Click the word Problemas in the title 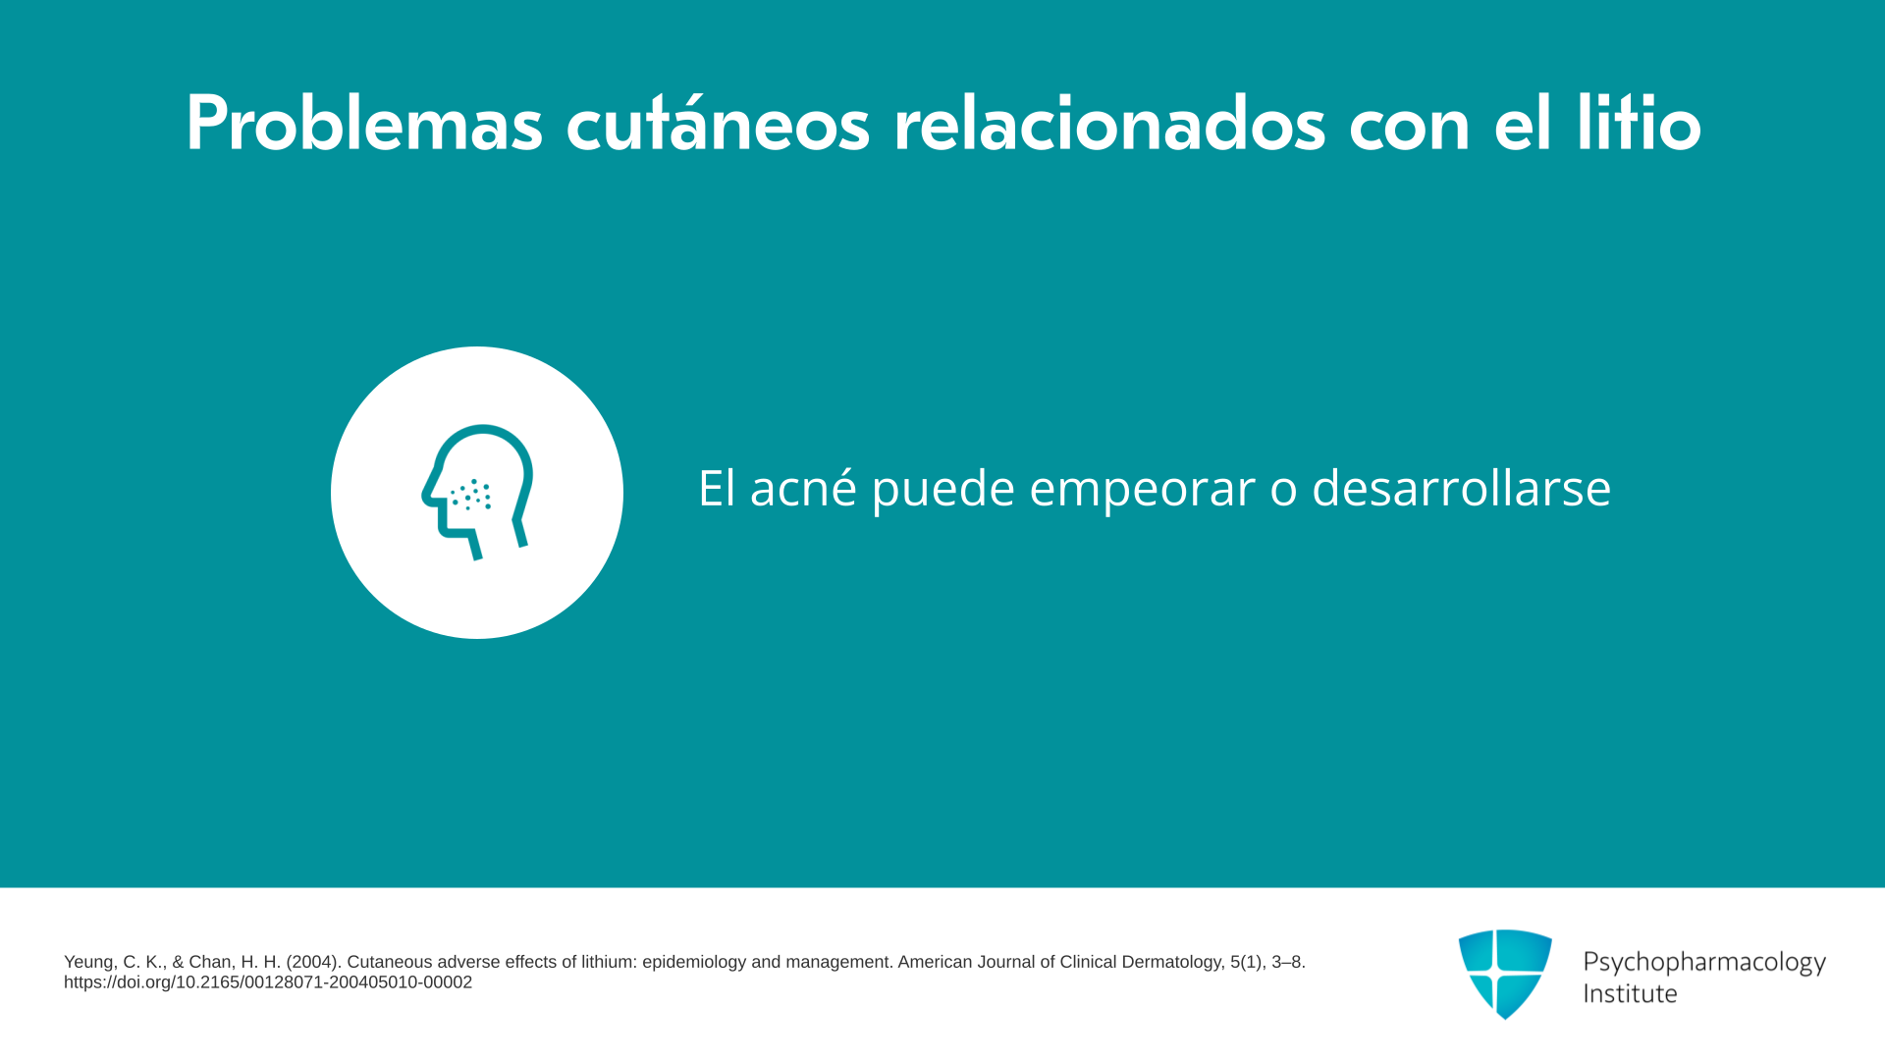click(364, 125)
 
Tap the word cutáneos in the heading click(718, 125)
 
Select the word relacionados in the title click(1109, 125)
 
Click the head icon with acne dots click(478, 491)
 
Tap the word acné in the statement click(803, 488)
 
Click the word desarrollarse click(1461, 488)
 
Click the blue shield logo click(1505, 974)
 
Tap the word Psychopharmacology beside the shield click(1704, 962)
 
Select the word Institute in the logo click(1630, 993)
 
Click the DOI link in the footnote click(268, 982)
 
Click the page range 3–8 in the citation click(1288, 962)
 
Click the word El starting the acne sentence click(716, 488)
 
